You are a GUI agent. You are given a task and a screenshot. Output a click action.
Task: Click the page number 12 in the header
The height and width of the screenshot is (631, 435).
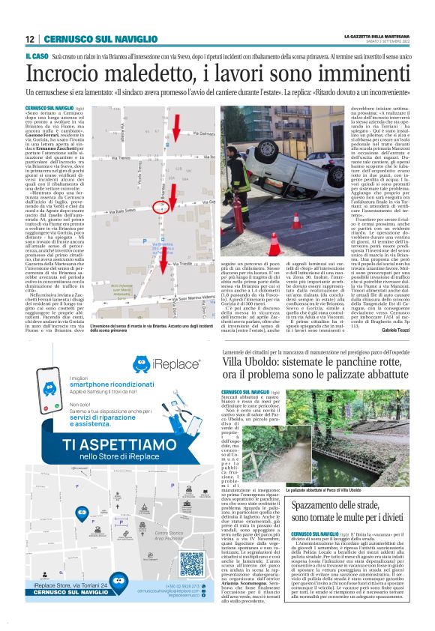[x=29, y=39]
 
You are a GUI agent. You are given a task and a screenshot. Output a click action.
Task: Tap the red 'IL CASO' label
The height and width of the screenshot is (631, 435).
[x=34, y=56]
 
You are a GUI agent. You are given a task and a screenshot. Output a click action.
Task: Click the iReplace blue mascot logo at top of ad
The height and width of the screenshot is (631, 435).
[x=145, y=365]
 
